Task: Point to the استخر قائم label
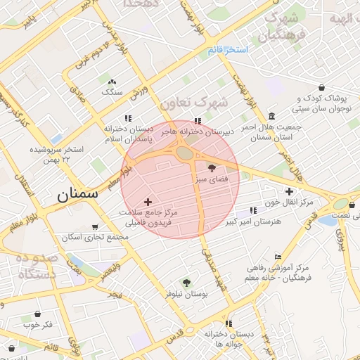[x=229, y=50]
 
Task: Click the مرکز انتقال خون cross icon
[x=289, y=191]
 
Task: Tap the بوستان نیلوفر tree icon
[x=186, y=282]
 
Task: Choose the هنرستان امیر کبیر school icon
[x=253, y=210]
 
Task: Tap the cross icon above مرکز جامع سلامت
[x=147, y=202]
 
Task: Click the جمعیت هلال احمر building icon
[x=272, y=116]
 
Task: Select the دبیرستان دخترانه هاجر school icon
[x=198, y=120]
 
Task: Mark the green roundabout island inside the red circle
[x=185, y=153]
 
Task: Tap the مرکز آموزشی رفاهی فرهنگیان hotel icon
[x=278, y=257]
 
